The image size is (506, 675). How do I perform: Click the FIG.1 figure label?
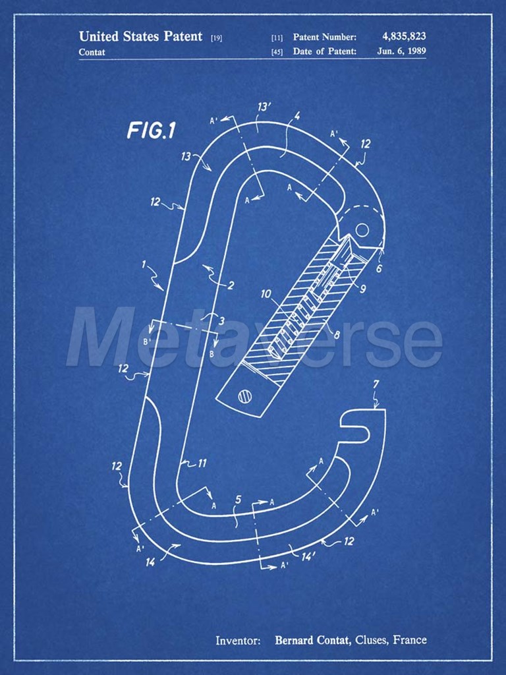coord(152,131)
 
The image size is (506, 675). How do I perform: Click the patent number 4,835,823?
coord(404,37)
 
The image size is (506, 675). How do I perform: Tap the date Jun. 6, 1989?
coord(401,51)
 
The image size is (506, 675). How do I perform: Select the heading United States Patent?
coord(140,36)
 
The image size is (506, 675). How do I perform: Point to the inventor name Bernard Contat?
coord(312,640)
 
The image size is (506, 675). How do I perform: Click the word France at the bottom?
coord(410,639)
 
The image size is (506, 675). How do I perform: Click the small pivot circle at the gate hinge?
coord(362,229)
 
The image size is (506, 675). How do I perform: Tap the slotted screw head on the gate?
coord(245,396)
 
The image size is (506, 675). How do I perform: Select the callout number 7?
coord(376,384)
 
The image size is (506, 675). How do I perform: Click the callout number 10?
coord(266,294)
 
